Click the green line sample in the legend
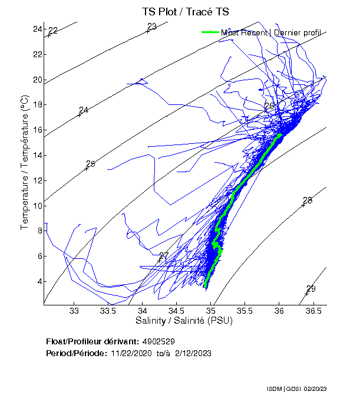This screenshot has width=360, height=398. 211,32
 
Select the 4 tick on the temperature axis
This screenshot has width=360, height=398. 39,281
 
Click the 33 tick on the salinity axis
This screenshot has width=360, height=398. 74,311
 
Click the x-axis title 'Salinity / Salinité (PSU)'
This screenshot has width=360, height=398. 184,321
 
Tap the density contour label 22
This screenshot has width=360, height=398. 53,31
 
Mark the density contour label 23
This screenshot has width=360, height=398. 152,27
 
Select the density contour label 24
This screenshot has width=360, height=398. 84,110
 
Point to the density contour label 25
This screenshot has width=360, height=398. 90,164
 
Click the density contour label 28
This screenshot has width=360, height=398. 307,200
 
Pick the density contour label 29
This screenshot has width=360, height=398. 311,288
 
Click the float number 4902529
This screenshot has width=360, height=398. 158,341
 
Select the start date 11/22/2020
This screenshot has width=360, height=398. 129,353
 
